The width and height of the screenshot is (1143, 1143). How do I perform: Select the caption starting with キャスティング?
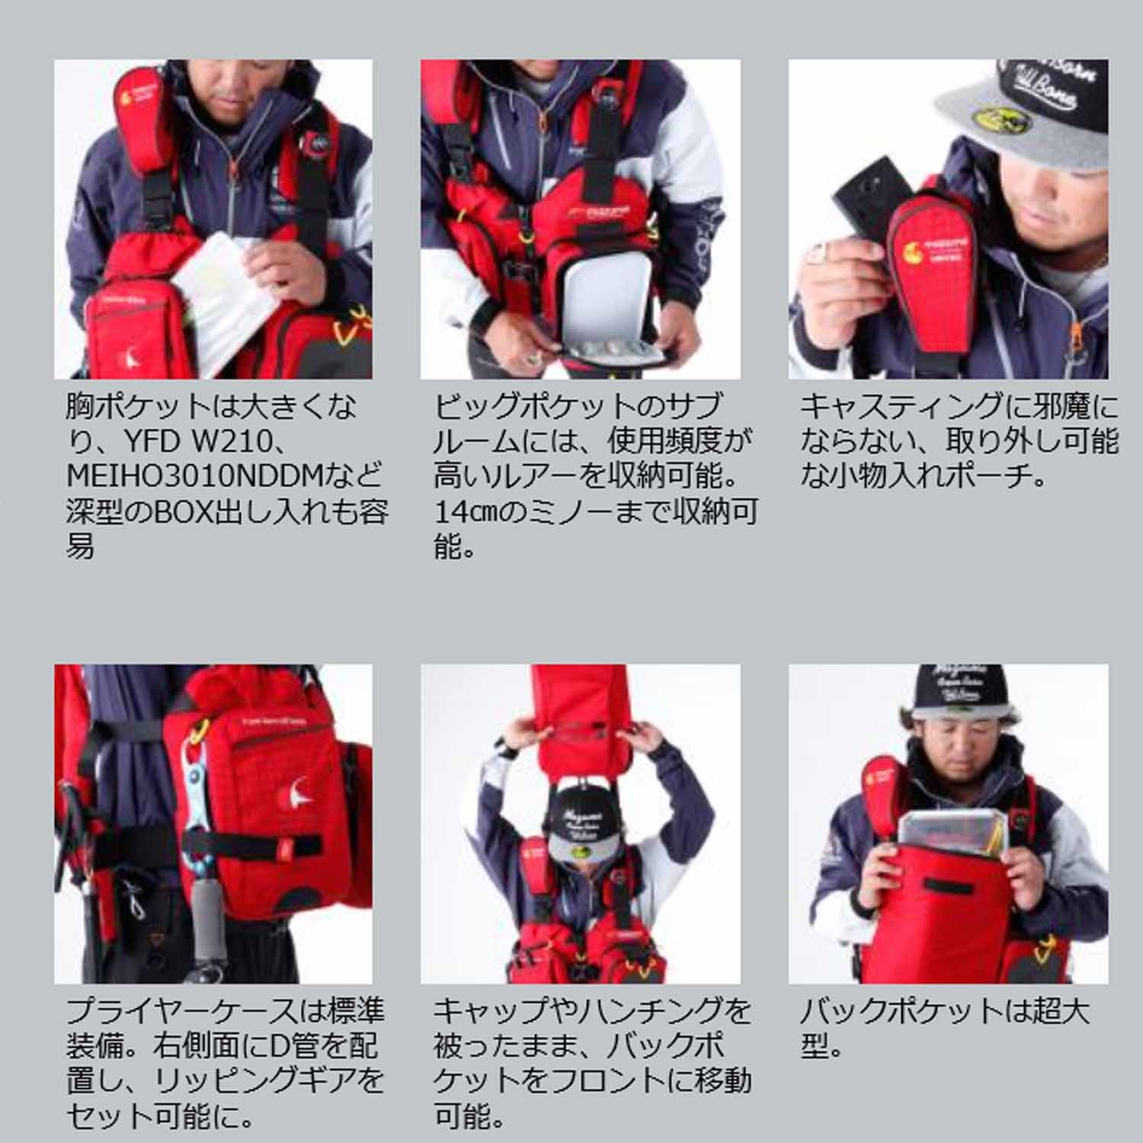point(959,442)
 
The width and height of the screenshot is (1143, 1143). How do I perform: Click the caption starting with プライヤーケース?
point(225,1064)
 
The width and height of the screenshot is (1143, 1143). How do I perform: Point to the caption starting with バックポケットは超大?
point(945,1029)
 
